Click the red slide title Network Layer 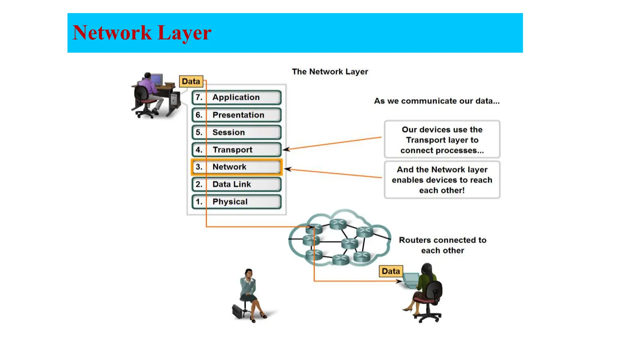[x=142, y=33]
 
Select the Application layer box [x=236, y=97]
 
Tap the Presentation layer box [x=236, y=115]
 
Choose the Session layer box [x=236, y=132]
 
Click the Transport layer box [x=236, y=150]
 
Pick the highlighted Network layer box [x=236, y=167]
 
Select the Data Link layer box [x=236, y=184]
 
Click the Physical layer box [x=236, y=202]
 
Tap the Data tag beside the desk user [x=191, y=81]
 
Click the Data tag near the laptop [x=391, y=271]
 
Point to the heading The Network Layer [x=330, y=72]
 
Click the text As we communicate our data [x=437, y=101]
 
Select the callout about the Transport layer [x=442, y=139]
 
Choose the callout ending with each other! [x=442, y=180]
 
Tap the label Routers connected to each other [x=442, y=245]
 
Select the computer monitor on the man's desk [x=157, y=78]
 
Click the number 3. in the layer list [x=199, y=167]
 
